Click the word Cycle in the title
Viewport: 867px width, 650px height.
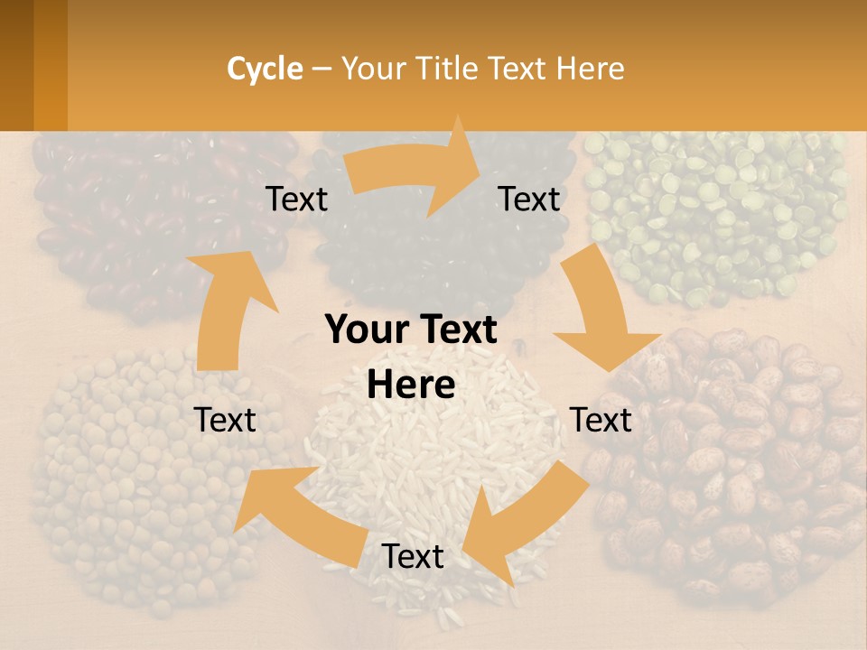pyautogui.click(x=265, y=69)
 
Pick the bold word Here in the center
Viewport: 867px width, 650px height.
pyautogui.click(x=411, y=385)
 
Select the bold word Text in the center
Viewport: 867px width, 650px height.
pyautogui.click(x=457, y=330)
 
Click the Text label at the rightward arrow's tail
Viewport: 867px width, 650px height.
pyautogui.click(x=297, y=200)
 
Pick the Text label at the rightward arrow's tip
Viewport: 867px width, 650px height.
pyautogui.click(x=529, y=200)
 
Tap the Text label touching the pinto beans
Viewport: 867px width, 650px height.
pyautogui.click(x=601, y=420)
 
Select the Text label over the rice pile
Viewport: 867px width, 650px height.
pyautogui.click(x=413, y=557)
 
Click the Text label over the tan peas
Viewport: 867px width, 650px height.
pyautogui.click(x=226, y=420)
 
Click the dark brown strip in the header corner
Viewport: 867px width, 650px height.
pyautogui.click(x=16, y=65)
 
